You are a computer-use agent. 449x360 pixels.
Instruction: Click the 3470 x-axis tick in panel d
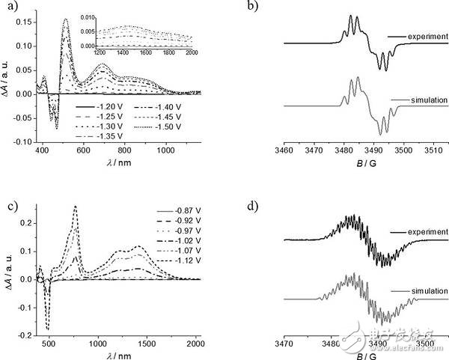pos(283,344)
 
